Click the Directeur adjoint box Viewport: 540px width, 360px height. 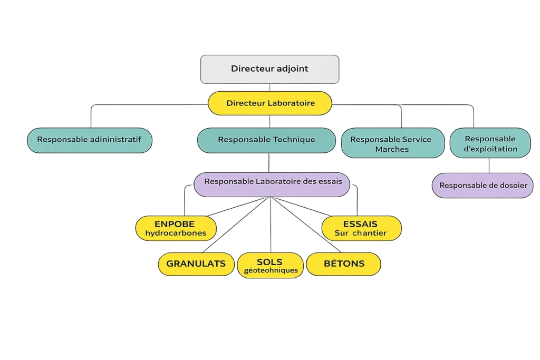tap(269, 69)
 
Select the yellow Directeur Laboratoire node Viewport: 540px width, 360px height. tap(270, 103)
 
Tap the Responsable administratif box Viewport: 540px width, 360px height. tap(89, 140)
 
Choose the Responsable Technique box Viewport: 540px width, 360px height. tap(266, 140)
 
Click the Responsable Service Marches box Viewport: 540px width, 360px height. tap(392, 143)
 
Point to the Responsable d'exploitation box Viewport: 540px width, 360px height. tap(490, 143)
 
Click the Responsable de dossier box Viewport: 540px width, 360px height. tap(483, 186)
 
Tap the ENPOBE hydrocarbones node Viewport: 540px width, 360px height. tap(175, 228)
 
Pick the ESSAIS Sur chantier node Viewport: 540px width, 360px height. tap(361, 228)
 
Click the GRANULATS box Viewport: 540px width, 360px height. tap(196, 264)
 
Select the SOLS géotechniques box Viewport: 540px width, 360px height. tap(270, 266)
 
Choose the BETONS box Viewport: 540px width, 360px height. tap(343, 264)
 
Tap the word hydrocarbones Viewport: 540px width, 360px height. tap(176, 233)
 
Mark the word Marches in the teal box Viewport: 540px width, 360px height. tap(392, 149)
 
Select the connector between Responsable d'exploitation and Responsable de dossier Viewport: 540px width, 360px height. tap(489, 166)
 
